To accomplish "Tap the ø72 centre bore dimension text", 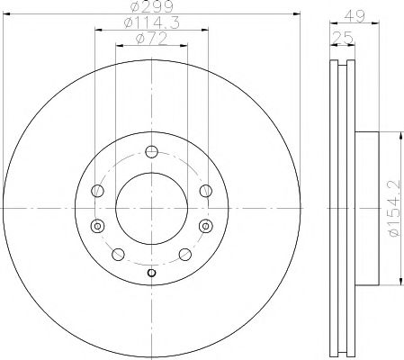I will [x=152, y=41].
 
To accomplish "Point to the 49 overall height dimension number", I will [x=358, y=15].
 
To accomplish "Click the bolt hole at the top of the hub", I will [x=152, y=151].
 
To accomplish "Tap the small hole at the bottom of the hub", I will [x=152, y=273].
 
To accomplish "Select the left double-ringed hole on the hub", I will [x=98, y=225].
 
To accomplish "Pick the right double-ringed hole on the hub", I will [x=206, y=225].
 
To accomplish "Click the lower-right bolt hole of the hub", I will [x=184, y=255].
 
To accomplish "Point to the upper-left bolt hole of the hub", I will [x=98, y=189].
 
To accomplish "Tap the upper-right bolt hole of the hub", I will [x=206, y=189].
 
